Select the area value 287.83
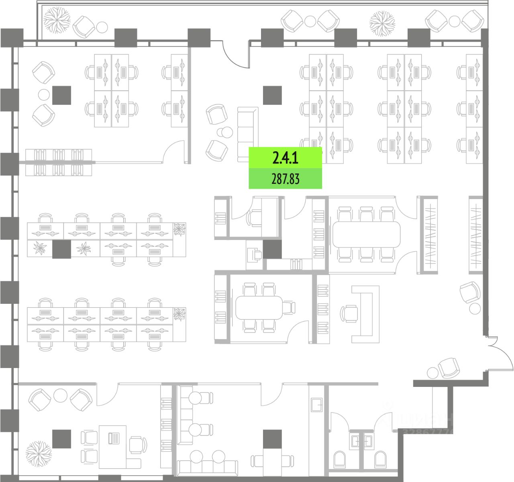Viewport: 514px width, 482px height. click(285, 179)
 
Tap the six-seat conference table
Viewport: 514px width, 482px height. click(366, 235)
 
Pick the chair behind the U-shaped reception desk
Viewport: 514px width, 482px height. click(350, 313)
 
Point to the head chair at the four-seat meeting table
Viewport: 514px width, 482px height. click(289, 308)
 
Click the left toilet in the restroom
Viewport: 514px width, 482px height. click(340, 459)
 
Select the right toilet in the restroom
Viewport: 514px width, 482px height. click(380, 459)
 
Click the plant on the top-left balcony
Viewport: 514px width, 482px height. click(57, 20)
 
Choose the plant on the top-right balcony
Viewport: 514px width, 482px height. click(382, 23)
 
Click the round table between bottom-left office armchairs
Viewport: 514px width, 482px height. click(60, 395)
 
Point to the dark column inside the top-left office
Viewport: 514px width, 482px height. click(61, 95)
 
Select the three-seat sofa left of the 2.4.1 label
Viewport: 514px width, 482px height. click(248, 134)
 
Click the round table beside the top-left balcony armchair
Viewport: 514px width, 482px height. click(102, 27)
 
